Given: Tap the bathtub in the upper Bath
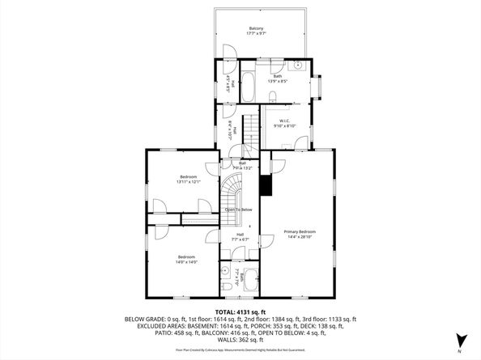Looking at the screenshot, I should click(x=248, y=86).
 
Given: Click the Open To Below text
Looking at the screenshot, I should click(x=238, y=210).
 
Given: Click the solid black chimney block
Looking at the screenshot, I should click(x=264, y=185).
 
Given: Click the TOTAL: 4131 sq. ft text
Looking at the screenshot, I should click(x=240, y=311).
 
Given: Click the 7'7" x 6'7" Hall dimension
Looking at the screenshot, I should click(x=240, y=239).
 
